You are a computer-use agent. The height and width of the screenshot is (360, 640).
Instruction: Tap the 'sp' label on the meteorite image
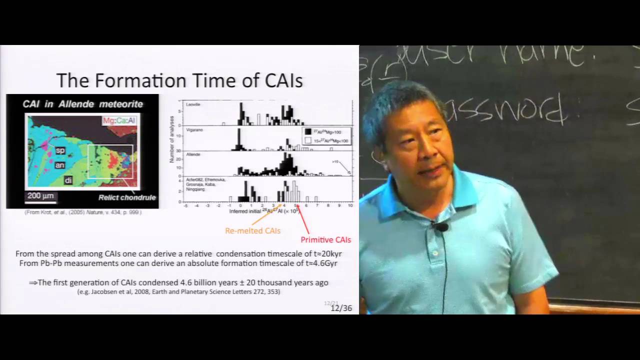point(60,149)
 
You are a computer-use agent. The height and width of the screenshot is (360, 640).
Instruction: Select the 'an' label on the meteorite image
point(60,164)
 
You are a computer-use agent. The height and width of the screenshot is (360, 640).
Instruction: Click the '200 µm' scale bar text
point(40,196)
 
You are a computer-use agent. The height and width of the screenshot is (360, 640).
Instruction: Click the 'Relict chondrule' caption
point(127,197)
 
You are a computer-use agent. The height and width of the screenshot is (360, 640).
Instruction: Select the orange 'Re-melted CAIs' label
point(252,231)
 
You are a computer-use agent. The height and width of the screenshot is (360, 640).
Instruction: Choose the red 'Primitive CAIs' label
point(325,239)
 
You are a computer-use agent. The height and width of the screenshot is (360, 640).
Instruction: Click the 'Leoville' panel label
point(193,105)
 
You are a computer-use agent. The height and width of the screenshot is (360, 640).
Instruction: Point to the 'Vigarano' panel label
point(194,129)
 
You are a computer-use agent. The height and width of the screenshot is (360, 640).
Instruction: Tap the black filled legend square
point(308,132)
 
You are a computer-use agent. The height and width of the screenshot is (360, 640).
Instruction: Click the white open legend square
point(308,140)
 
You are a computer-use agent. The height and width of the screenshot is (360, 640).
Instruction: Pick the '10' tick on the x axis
point(350,205)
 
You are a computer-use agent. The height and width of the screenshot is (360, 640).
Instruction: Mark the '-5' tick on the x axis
point(185,205)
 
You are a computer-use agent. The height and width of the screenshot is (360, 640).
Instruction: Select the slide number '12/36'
point(341,308)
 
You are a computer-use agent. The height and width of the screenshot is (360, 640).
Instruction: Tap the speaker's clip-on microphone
point(441,227)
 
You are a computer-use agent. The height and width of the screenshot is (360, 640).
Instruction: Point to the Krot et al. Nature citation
point(83,212)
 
